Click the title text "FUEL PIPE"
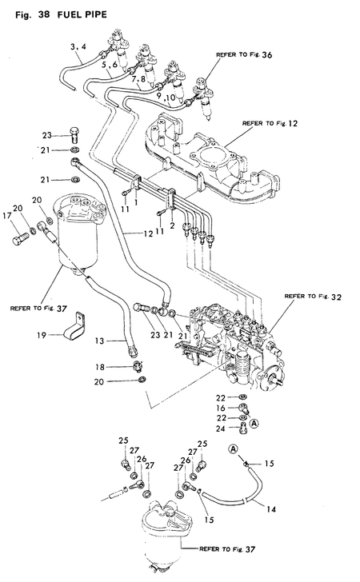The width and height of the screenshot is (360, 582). [78, 14]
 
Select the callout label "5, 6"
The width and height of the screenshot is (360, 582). [110, 64]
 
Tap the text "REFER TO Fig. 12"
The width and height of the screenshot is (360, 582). [271, 124]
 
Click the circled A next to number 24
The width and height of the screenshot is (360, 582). [254, 424]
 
